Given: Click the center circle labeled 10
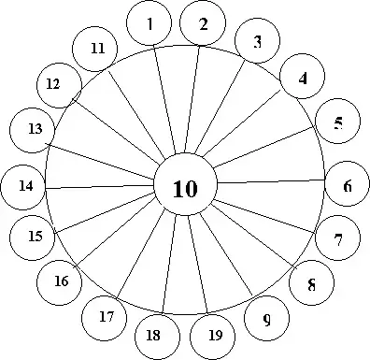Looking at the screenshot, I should coord(185,187).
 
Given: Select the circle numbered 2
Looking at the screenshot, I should coord(203,25).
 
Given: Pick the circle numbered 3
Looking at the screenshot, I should coord(258,42).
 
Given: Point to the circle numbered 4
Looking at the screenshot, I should coord(303,79).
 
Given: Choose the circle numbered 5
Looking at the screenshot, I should coord(337,122).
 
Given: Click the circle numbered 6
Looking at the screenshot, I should coord(347,185).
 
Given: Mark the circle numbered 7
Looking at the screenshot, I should coord(337,238).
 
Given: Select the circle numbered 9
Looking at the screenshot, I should coord(266,320).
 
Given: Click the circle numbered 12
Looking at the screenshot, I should coord(55,84).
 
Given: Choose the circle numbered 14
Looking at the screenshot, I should coord(25,186).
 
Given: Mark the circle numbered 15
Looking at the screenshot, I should coord(34,237).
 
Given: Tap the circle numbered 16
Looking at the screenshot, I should coord(61,281).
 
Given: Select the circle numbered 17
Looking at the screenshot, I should coord(105,317).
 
